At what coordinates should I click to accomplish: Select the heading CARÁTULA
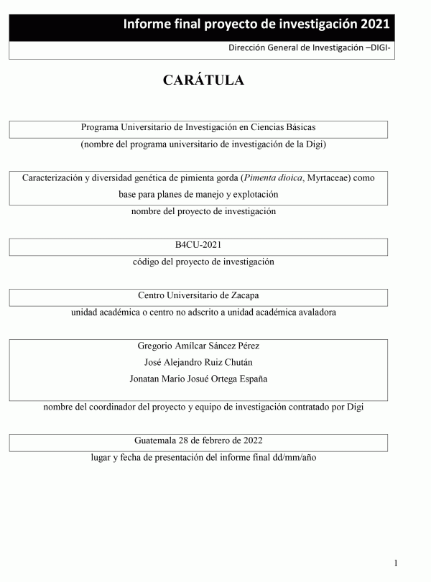tap(203, 80)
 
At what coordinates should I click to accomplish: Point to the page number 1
tap(396, 563)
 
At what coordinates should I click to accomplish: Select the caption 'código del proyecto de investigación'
tap(203, 262)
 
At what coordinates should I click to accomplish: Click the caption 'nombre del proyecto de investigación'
tap(203, 211)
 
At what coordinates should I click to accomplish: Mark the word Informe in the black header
tap(147, 24)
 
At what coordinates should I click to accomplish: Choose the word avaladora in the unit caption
tap(315, 312)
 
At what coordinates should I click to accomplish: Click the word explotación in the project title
tap(254, 194)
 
